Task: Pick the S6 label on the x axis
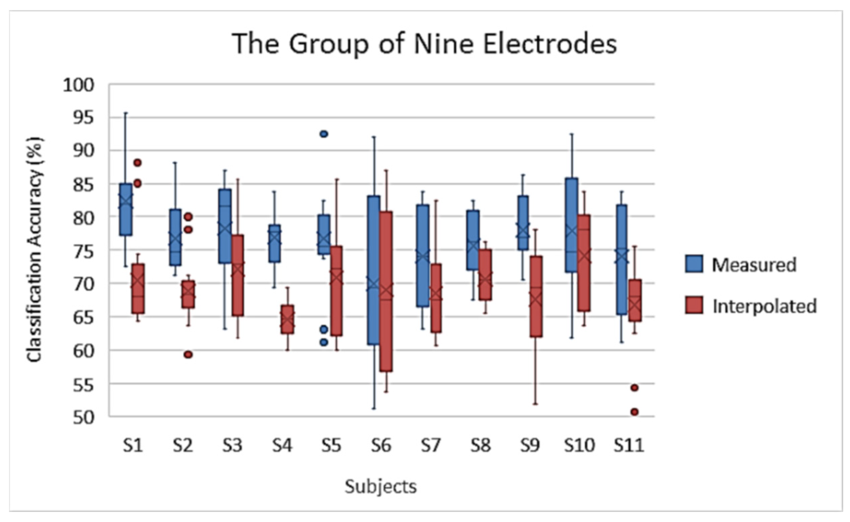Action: pos(381,446)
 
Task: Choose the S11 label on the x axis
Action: pos(629,446)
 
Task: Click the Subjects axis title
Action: pos(380,487)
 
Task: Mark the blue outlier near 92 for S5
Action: pos(324,134)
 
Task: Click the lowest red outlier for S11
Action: pos(634,412)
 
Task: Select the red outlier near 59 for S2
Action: pos(188,354)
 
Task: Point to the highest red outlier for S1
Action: pos(137,162)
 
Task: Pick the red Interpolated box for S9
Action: pos(536,296)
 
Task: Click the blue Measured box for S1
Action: pos(125,209)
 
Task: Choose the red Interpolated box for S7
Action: pos(436,298)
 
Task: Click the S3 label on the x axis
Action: pos(232,446)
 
